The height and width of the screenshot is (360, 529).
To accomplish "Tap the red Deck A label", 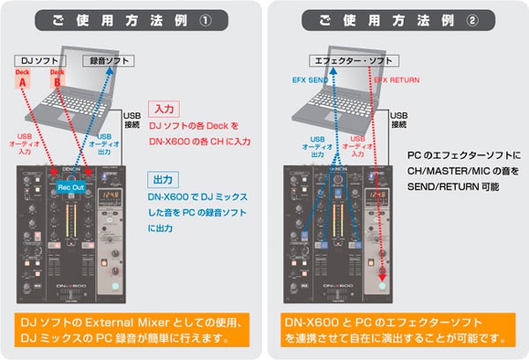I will (23, 79).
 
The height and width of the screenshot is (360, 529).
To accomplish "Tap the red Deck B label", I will (57, 79).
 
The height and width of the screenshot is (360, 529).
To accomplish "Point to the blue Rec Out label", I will (71, 187).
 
